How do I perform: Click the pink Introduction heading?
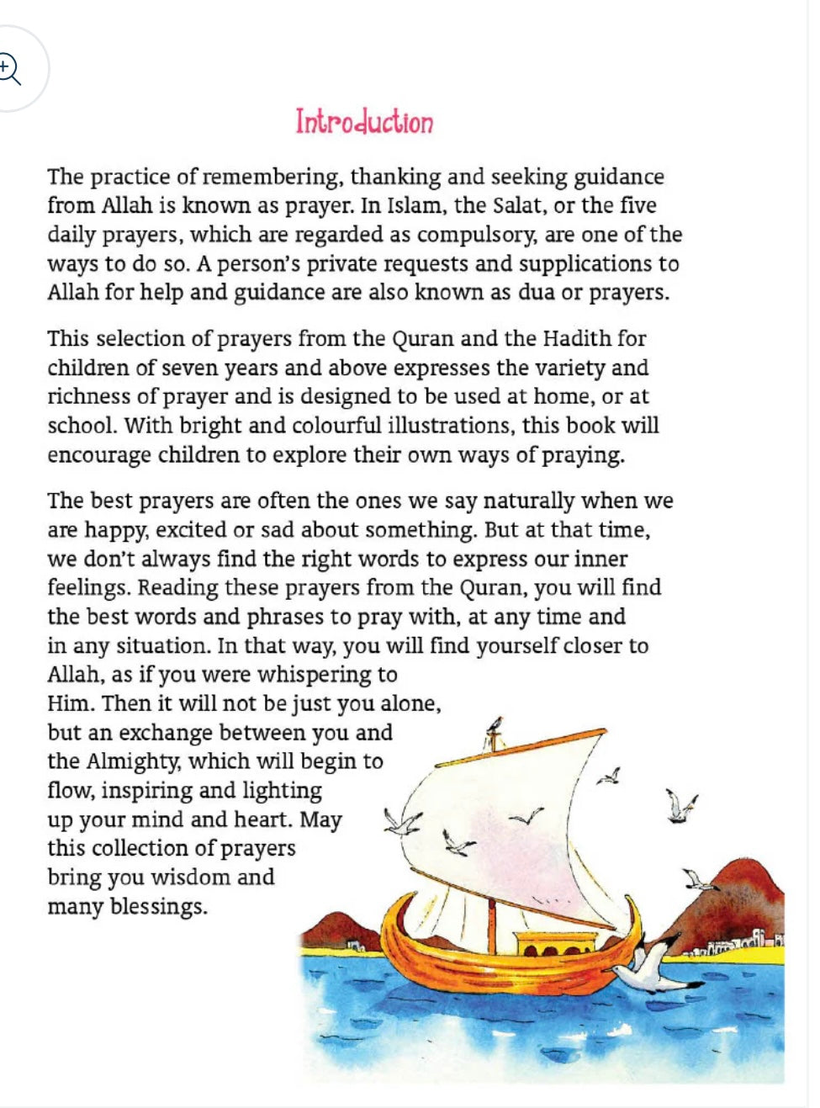(x=364, y=122)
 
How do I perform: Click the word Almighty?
(x=133, y=761)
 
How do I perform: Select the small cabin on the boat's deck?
(x=553, y=944)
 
